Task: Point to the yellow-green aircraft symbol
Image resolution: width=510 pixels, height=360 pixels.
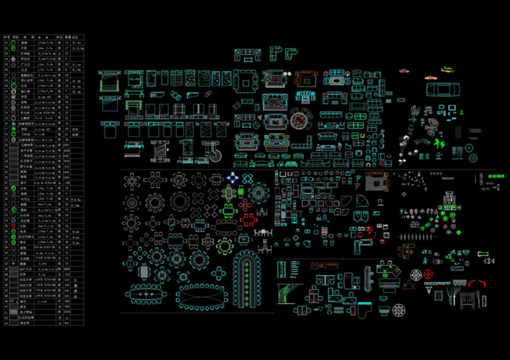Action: [447, 69]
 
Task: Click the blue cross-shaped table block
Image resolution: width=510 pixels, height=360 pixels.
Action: [233, 177]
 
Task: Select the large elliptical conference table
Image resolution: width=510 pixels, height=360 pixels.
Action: [201, 296]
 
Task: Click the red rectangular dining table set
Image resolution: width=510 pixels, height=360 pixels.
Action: [247, 220]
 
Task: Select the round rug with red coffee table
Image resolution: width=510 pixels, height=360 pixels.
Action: [302, 120]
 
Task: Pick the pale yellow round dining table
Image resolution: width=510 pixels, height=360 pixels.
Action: [225, 246]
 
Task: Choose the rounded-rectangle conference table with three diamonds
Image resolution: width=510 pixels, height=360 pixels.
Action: [148, 294]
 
